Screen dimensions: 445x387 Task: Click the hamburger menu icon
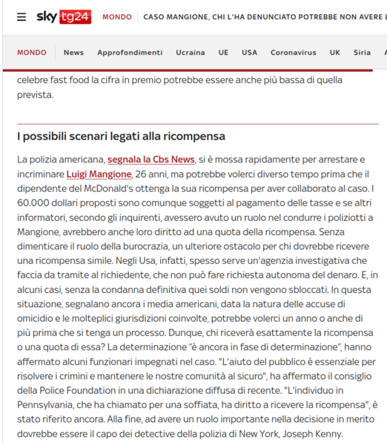[21, 16]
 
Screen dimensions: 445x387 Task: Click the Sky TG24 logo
[63, 16]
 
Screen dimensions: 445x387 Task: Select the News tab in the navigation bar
[73, 53]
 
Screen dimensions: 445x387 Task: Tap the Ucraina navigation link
[191, 53]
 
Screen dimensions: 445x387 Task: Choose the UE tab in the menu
[223, 53]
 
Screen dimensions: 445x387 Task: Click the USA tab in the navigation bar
[249, 53]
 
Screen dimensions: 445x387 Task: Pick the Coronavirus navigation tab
[293, 53]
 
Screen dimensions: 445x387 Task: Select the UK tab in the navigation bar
[335, 53]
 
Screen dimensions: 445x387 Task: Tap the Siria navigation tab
[362, 53]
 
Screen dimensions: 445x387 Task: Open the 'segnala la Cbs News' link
[150, 159]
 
